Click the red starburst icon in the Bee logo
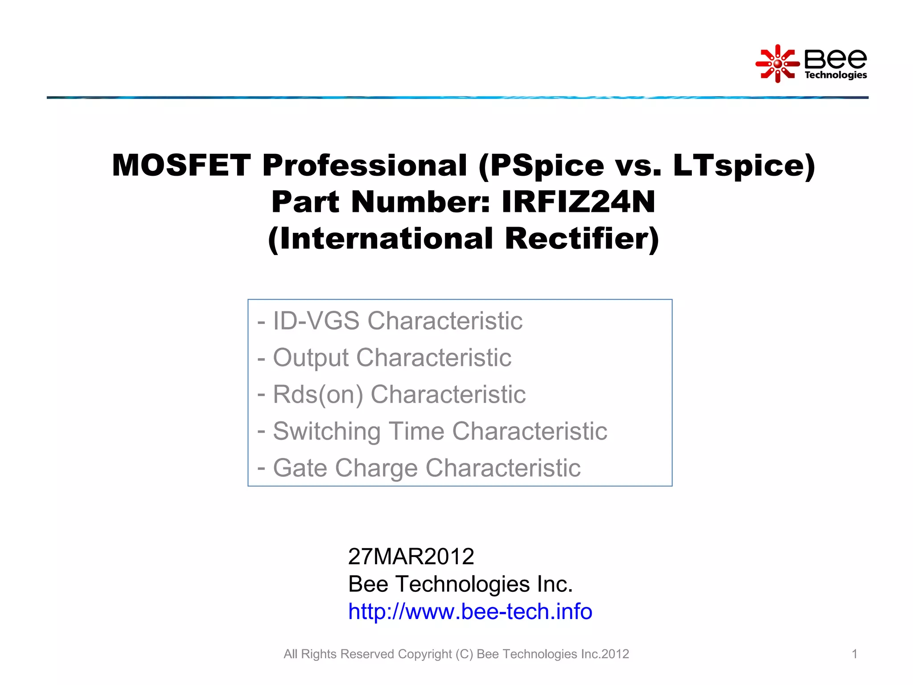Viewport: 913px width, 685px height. (777, 64)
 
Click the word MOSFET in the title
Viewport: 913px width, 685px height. (181, 165)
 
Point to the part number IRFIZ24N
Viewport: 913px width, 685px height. (578, 202)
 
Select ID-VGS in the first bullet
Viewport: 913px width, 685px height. (316, 321)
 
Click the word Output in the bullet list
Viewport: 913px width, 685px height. (311, 358)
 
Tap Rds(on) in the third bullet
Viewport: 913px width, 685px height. (318, 395)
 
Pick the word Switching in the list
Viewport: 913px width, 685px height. (327, 431)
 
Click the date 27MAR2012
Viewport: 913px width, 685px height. (411, 556)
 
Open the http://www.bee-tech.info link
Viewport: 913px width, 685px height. (470, 611)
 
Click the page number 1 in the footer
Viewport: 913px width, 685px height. (854, 654)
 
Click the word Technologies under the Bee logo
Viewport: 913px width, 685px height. (835, 75)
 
